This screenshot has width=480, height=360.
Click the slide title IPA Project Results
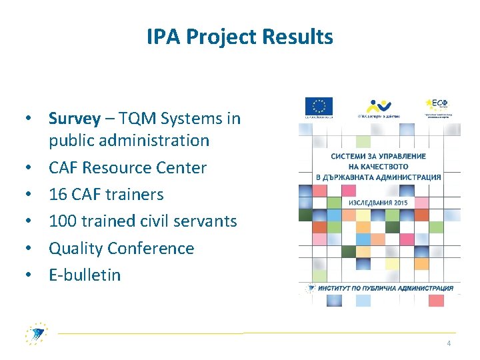[240, 37]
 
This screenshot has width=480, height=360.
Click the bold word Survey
[74, 119]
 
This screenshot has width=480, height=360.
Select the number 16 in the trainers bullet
[58, 195]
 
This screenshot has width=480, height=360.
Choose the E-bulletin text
[85, 275]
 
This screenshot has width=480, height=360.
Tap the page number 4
[449, 343]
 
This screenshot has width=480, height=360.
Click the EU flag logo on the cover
[319, 107]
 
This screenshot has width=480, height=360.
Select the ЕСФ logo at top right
[440, 105]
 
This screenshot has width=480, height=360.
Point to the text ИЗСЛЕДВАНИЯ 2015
[377, 202]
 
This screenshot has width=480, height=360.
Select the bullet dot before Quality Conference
[31, 249]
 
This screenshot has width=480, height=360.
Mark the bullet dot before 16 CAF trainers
[31, 195]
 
